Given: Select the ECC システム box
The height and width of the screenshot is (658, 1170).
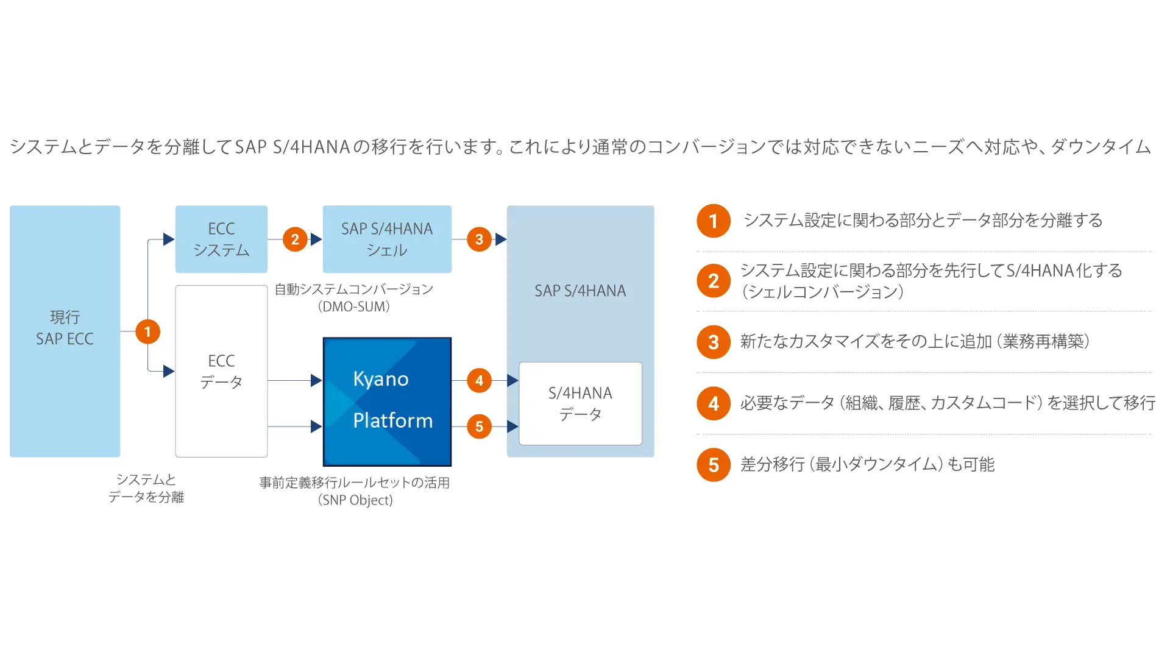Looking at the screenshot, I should pyautogui.click(x=221, y=239).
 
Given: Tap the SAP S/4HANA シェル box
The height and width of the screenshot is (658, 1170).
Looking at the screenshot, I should pyautogui.click(x=387, y=239).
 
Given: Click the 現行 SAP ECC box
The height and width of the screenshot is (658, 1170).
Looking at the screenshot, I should pyautogui.click(x=65, y=331).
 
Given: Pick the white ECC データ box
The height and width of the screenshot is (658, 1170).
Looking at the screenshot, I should pyautogui.click(x=221, y=371).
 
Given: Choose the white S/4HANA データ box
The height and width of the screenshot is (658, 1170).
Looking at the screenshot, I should pyautogui.click(x=580, y=403).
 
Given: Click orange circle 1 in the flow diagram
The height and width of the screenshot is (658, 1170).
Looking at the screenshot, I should pyautogui.click(x=147, y=331).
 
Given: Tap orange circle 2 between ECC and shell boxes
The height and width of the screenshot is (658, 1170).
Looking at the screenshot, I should pyautogui.click(x=295, y=239).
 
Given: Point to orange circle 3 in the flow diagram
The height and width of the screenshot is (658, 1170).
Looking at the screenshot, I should pyautogui.click(x=479, y=239).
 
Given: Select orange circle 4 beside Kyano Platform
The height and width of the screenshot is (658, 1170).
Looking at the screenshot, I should pyautogui.click(x=479, y=381).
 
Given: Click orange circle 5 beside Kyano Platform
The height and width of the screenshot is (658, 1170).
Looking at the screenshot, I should pyautogui.click(x=479, y=426).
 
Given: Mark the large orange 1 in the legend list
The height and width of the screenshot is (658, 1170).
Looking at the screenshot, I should pyautogui.click(x=714, y=221).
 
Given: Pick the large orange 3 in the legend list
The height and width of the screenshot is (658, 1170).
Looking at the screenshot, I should pyautogui.click(x=714, y=342).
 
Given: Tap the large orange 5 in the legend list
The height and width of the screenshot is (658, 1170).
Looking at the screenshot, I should pyautogui.click(x=714, y=465).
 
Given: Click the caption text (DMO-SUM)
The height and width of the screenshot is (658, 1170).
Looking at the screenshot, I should pyautogui.click(x=353, y=306).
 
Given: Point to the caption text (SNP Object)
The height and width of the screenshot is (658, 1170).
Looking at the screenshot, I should pyautogui.click(x=355, y=500).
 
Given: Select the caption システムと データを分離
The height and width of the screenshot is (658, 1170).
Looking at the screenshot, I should pyautogui.click(x=146, y=488).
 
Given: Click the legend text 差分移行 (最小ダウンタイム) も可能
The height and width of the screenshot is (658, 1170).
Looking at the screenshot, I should pyautogui.click(x=867, y=464).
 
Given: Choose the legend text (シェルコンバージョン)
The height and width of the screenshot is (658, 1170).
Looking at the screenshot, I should pyautogui.click(x=823, y=292).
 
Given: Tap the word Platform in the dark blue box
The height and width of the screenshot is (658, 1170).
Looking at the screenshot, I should pyautogui.click(x=393, y=420).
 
